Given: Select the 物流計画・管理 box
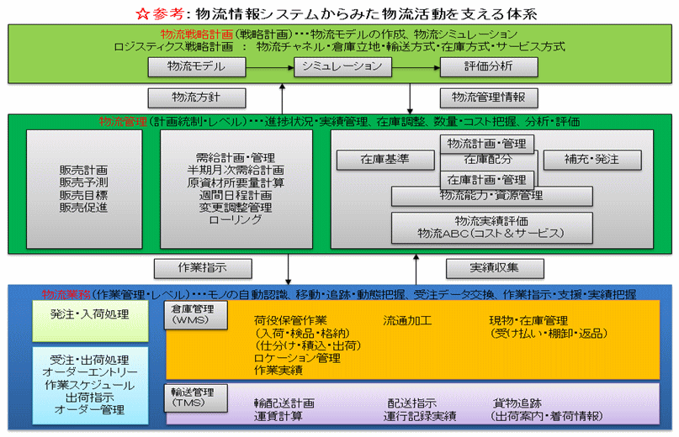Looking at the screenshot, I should coord(487,144).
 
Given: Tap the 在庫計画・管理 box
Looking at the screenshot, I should coord(487,179).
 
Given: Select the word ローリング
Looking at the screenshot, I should coord(235,219).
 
